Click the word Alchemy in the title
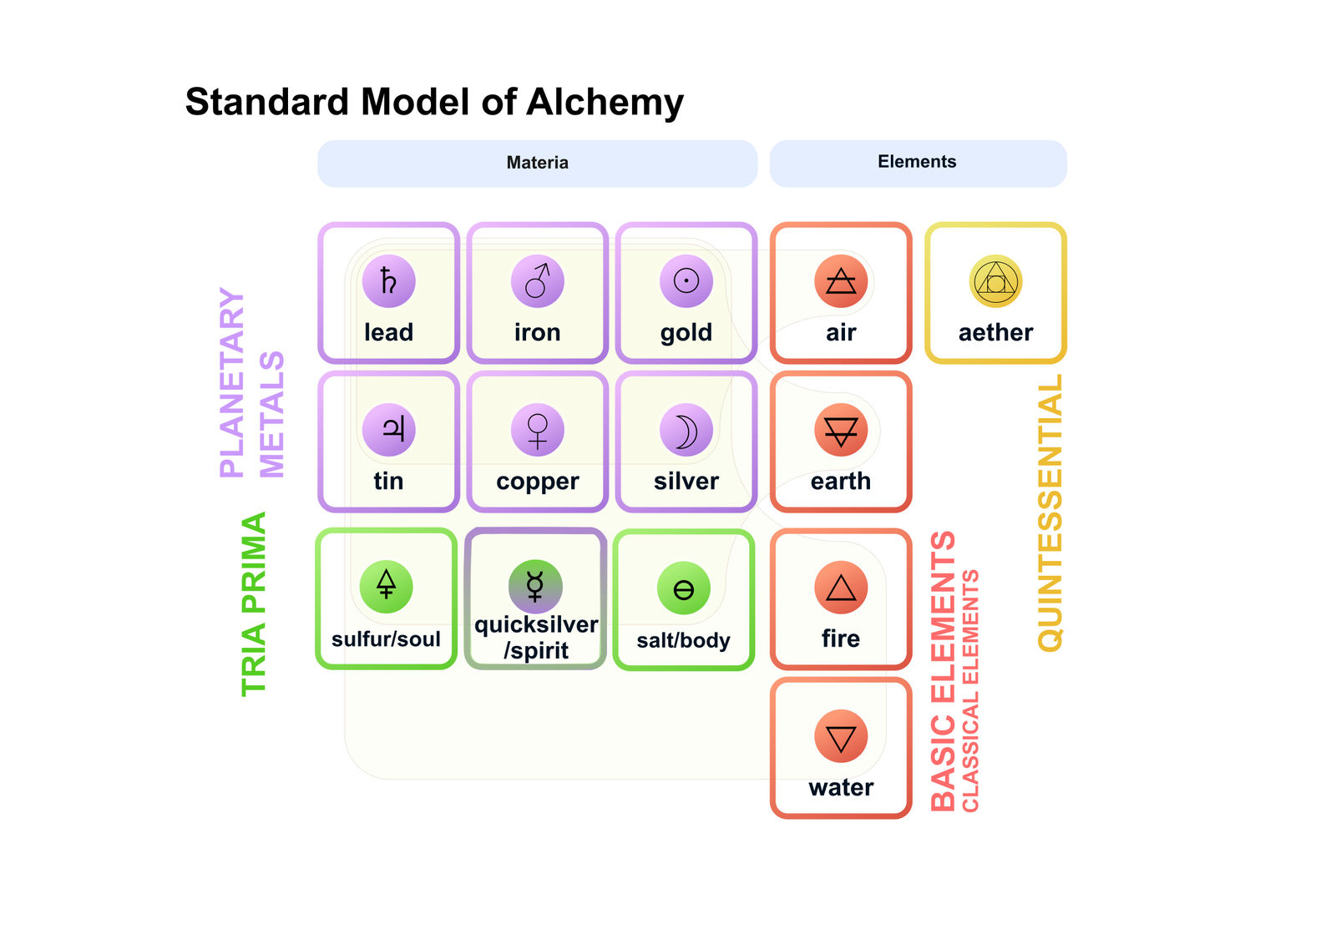click(605, 103)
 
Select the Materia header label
click(538, 162)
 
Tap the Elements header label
click(917, 161)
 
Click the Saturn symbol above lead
click(389, 281)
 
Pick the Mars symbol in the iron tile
click(538, 281)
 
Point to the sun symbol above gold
click(686, 281)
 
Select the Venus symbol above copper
click(538, 429)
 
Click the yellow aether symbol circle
click(995, 281)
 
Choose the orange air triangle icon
click(841, 281)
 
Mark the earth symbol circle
click(841, 429)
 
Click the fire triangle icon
click(841, 588)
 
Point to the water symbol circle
click(841, 736)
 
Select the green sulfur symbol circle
click(387, 587)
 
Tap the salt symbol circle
click(684, 588)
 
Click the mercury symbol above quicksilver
click(535, 586)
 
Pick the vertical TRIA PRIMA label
click(254, 604)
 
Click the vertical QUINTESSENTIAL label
click(1050, 512)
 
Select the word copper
click(538, 482)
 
